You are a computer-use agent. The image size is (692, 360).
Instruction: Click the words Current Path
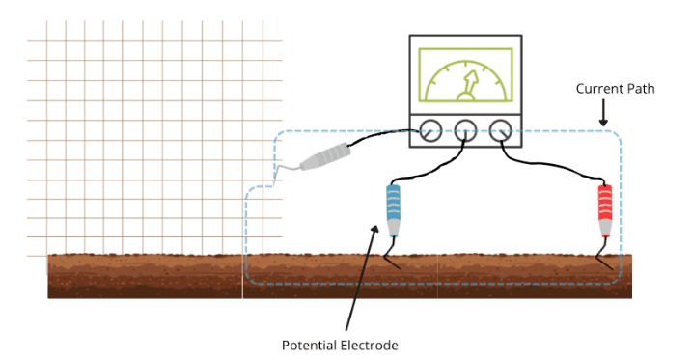point(615,89)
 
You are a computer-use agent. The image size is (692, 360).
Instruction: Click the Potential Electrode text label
point(340,345)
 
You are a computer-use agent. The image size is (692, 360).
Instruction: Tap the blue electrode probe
point(393,210)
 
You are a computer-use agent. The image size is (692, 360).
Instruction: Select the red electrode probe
point(605,210)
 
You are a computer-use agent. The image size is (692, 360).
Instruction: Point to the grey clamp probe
point(325,157)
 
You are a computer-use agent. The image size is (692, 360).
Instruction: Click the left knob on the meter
point(430,130)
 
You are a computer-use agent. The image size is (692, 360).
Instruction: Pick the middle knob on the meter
point(465,130)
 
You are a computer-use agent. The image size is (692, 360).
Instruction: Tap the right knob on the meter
point(501,130)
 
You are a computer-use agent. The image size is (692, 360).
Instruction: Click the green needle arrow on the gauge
point(469,85)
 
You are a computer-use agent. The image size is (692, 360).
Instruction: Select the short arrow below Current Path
point(603,113)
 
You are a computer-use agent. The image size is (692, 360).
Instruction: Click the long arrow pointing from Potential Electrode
point(362,278)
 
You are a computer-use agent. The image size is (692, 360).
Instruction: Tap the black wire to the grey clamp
point(383,135)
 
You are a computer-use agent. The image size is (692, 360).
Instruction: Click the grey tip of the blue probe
point(393,229)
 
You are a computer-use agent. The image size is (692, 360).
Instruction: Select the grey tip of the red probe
point(605,229)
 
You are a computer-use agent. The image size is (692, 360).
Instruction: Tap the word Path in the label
point(640,89)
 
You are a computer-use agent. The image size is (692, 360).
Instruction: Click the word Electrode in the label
point(371,345)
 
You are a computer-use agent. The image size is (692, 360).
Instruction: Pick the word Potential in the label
point(311,345)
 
